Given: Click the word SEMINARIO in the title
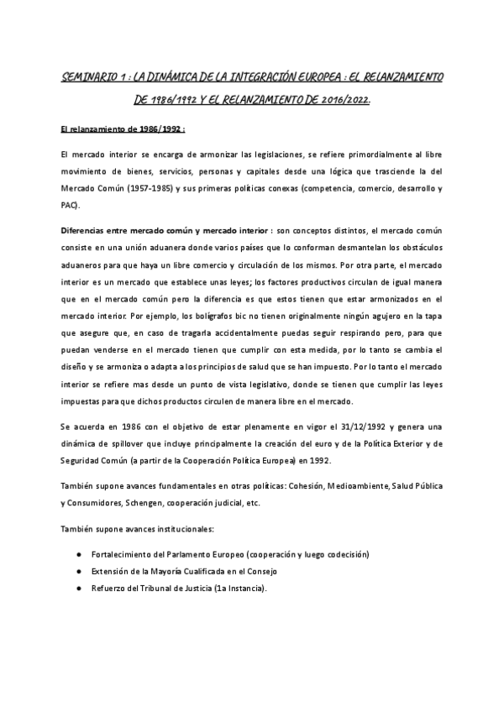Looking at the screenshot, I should [87, 78].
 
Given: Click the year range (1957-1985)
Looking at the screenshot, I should [145, 189].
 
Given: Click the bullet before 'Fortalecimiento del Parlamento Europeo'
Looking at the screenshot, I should [78, 555].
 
